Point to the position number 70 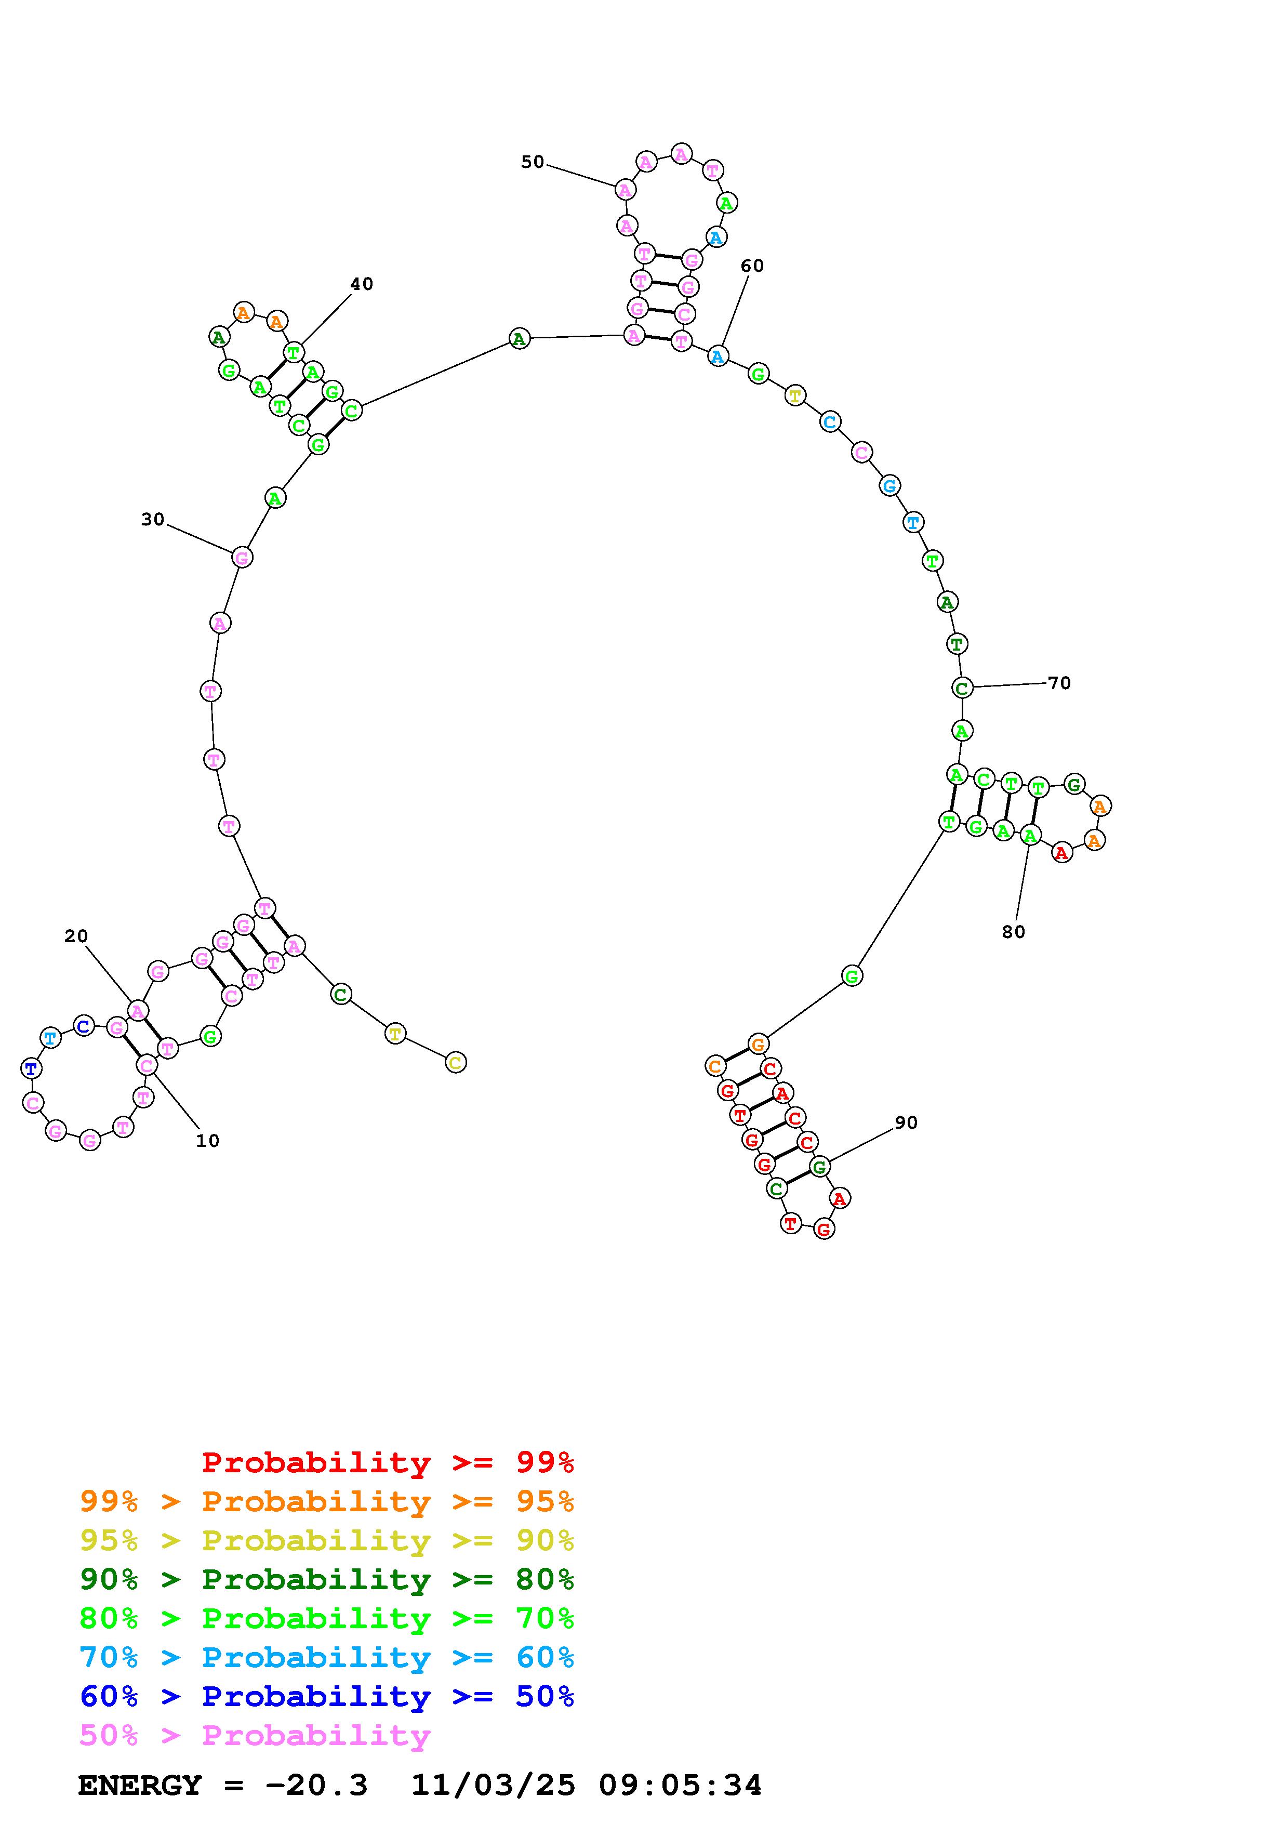(1059, 683)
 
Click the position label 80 (1014, 932)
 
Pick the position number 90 (906, 1122)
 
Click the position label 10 (207, 1141)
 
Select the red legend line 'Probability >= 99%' (388, 1462)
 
